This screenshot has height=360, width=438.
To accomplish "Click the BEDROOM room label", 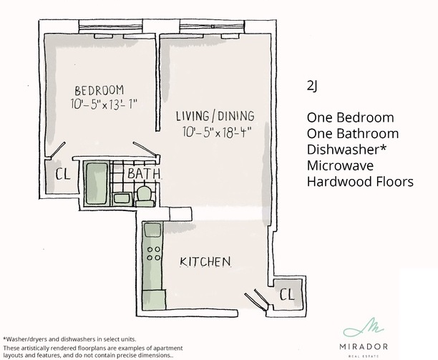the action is click(99, 90).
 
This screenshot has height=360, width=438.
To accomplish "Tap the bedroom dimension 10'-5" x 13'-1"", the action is click(104, 104).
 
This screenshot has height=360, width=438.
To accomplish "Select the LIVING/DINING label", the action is click(215, 116).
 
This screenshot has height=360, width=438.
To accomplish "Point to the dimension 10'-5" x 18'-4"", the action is click(215, 132).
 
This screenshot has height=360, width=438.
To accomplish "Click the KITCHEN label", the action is click(205, 262).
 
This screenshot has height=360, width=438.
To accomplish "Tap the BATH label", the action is click(144, 173).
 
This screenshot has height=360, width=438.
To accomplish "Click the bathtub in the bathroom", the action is click(97, 183).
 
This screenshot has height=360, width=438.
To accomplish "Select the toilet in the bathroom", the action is click(144, 195).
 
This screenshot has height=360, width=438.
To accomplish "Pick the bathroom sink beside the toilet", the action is click(122, 198).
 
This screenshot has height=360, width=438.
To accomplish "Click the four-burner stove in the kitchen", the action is click(153, 253).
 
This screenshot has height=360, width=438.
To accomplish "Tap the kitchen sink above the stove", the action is click(152, 230).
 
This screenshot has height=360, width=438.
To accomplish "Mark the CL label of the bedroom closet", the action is click(62, 175).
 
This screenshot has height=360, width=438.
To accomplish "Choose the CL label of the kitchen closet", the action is click(287, 294).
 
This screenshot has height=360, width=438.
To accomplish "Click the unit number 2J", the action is click(312, 86).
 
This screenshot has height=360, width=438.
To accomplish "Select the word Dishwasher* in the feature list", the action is click(346, 150).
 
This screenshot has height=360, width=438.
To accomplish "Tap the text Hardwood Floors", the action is click(360, 182).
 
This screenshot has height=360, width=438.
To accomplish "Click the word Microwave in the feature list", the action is click(340, 165).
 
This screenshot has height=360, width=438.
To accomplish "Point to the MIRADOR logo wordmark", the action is click(364, 347).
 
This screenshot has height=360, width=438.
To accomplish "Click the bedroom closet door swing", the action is click(57, 150).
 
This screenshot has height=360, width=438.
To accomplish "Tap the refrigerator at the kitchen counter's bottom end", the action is click(154, 300).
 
